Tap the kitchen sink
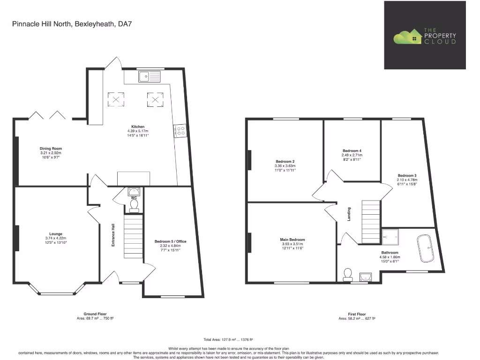pos(149,76)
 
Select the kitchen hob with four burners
pos(180,131)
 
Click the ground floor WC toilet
pos(134,206)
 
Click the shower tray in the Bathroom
pos(390,237)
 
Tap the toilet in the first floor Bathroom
pos(348,275)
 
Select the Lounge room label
pos(56,234)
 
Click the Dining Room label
pos(51,149)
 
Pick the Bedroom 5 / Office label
pos(167,241)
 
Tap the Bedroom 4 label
pos(352,150)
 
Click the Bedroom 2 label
pos(285,161)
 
